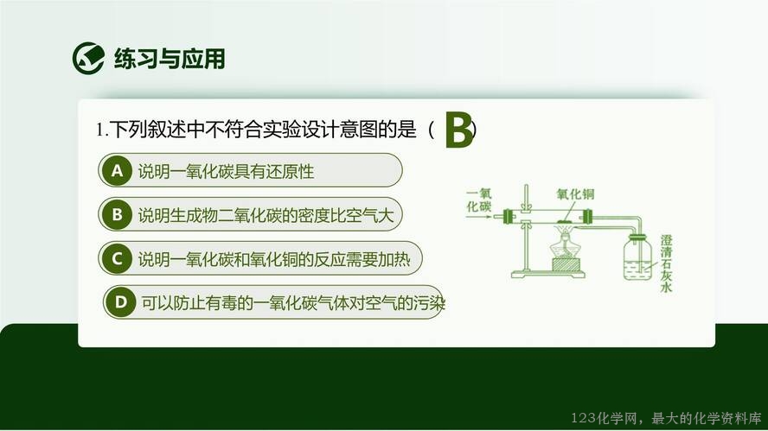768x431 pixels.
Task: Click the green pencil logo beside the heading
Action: click(88, 58)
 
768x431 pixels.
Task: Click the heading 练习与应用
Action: click(170, 59)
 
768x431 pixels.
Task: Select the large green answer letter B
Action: click(459, 130)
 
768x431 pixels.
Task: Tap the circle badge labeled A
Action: click(117, 170)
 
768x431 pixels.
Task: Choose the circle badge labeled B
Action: click(117, 214)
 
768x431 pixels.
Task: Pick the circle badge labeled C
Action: click(117, 258)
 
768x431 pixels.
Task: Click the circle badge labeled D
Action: click(120, 301)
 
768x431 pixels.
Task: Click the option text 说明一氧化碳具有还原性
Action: click(226, 171)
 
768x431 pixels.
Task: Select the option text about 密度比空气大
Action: click(266, 215)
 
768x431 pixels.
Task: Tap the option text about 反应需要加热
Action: click(274, 259)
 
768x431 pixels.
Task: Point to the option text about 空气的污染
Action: click(293, 303)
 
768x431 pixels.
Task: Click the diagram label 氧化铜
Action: click(575, 194)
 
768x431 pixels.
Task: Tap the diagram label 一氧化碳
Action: click(478, 200)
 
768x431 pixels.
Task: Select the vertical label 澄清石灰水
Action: click(666, 263)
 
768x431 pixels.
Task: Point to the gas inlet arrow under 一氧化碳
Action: click(478, 216)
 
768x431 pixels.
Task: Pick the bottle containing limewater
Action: click(637, 257)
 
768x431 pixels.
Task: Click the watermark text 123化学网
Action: click(604, 418)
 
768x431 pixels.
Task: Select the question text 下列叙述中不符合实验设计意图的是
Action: click(263, 130)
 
